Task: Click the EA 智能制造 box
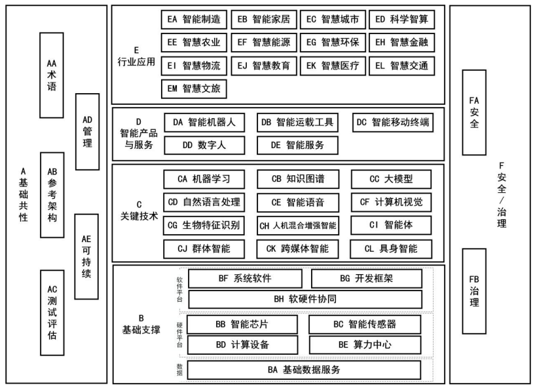click(x=194, y=20)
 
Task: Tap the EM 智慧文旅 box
click(x=194, y=88)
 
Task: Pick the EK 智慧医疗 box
click(x=332, y=66)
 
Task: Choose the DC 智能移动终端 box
click(x=396, y=122)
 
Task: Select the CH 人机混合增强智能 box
click(x=297, y=226)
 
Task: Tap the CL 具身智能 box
click(x=391, y=249)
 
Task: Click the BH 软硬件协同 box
click(x=304, y=299)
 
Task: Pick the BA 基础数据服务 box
click(x=304, y=369)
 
